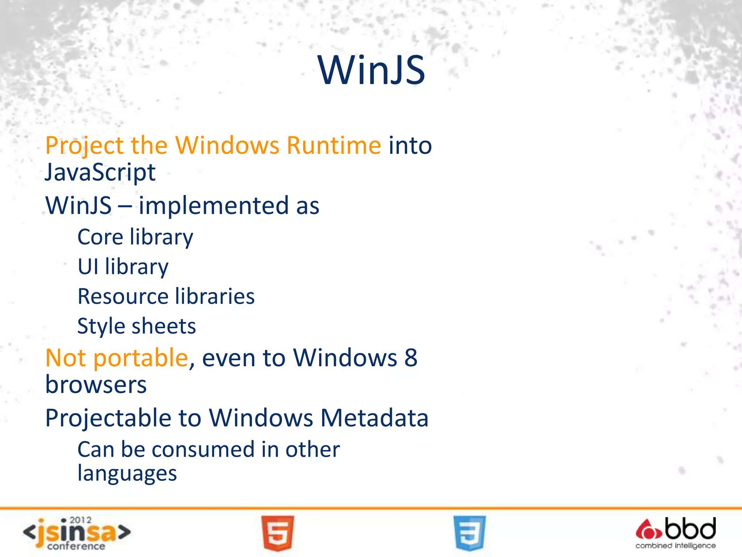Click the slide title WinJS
(371, 70)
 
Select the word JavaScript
(100, 172)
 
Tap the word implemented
(214, 206)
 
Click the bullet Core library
(135, 238)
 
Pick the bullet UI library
(123, 267)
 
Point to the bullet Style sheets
(137, 326)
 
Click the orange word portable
(141, 358)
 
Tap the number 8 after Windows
(411, 358)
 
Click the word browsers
(96, 384)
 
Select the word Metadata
(374, 418)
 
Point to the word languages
(127, 474)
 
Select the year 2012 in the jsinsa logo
(80, 520)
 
